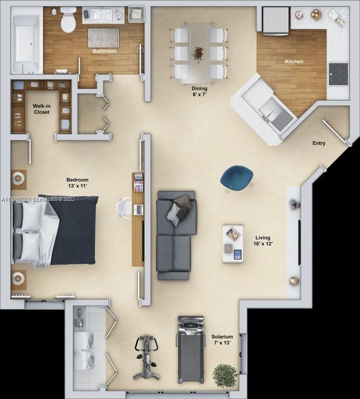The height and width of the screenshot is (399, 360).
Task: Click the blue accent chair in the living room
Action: coord(236,178)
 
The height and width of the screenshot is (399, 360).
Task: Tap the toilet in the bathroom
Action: coord(68,20)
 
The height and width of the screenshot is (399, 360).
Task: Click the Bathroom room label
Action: coord(105,52)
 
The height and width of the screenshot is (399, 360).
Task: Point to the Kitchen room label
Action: coord(294,62)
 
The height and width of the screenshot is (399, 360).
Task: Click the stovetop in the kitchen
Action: coord(338,73)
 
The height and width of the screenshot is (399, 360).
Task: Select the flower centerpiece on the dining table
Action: coord(197,53)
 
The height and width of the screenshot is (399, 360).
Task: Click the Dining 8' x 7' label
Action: coord(199,91)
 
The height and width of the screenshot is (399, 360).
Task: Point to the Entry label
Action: coord(319,143)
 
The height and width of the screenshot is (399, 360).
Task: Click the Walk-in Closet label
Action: coord(41,109)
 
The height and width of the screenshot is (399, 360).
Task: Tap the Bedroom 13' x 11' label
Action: coord(77,183)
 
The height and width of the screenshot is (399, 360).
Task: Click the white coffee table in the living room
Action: coord(233,243)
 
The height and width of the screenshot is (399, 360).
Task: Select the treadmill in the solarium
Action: coord(190,349)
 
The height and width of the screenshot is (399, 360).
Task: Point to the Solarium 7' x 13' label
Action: coord(222,340)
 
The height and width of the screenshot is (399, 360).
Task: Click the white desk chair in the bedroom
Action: coord(124,208)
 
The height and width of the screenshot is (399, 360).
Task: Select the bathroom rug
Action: coord(104,38)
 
